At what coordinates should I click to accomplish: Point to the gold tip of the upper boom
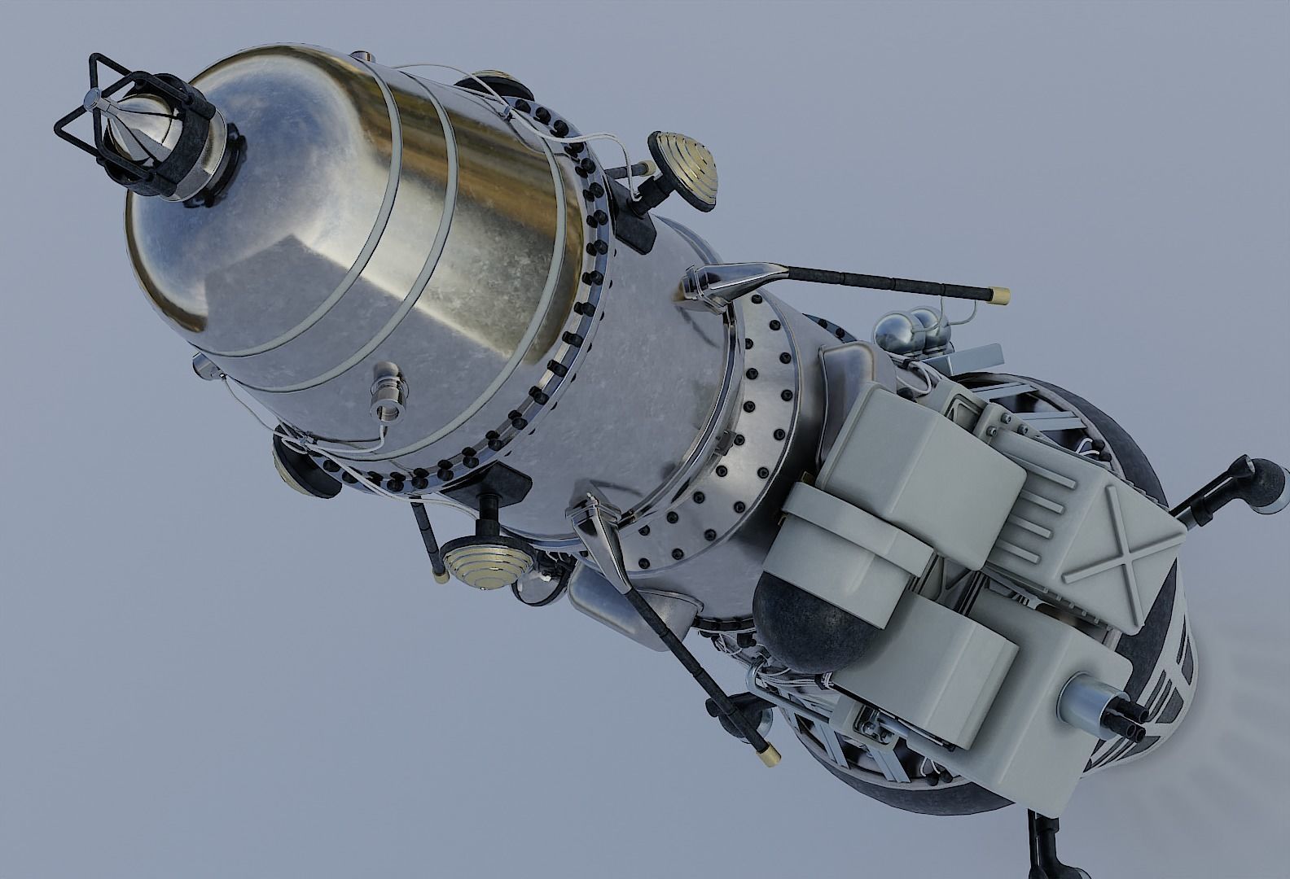(x=994, y=293)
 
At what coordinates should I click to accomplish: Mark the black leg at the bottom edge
(x=1042, y=859)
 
